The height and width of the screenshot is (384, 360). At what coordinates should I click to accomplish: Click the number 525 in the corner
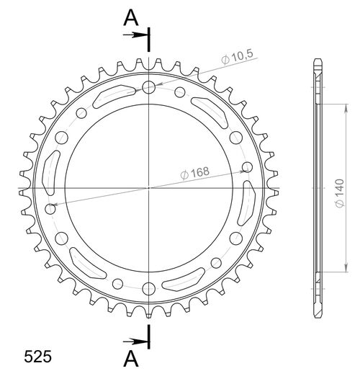click(x=37, y=357)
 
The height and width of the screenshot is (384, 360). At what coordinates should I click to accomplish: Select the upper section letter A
click(x=130, y=18)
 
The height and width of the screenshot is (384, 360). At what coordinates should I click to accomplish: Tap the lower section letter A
click(x=130, y=358)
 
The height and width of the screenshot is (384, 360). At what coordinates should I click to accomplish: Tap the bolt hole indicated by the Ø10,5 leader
click(x=149, y=88)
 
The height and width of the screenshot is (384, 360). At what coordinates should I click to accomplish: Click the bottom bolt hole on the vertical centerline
click(x=149, y=289)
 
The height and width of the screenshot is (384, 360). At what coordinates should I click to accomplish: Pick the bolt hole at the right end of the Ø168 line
click(x=247, y=167)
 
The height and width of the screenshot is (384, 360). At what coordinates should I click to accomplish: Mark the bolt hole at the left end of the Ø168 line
click(x=50, y=208)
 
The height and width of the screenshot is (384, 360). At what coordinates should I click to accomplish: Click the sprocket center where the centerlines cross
click(x=149, y=188)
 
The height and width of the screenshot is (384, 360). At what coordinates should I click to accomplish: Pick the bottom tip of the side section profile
click(x=318, y=318)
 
